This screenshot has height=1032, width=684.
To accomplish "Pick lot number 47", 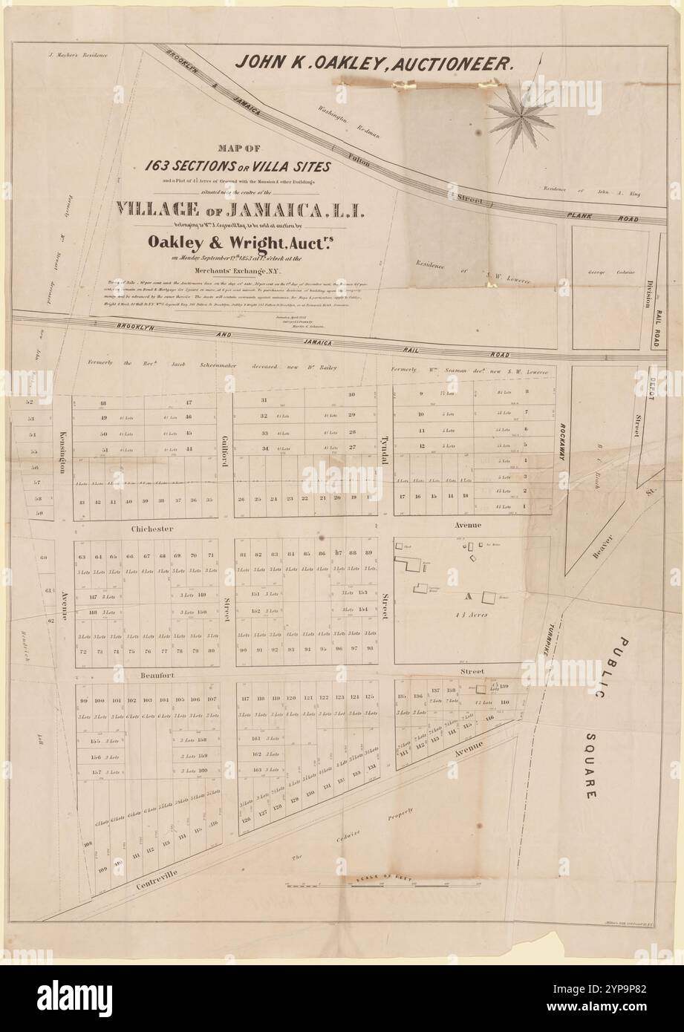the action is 189,402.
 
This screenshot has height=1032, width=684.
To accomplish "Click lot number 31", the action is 264,400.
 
